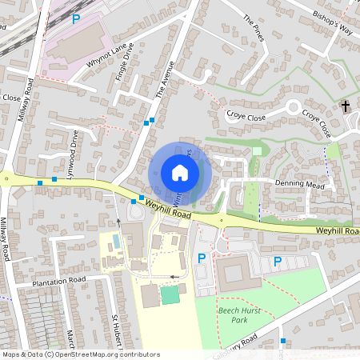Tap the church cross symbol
pyautogui.click(x=346, y=106)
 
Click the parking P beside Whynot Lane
pyautogui.click(x=76, y=18)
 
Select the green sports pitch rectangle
pyautogui.click(x=170, y=295)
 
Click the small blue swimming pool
pyautogui.click(x=118, y=241)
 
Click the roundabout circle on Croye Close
pyautogui.click(x=294, y=106)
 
